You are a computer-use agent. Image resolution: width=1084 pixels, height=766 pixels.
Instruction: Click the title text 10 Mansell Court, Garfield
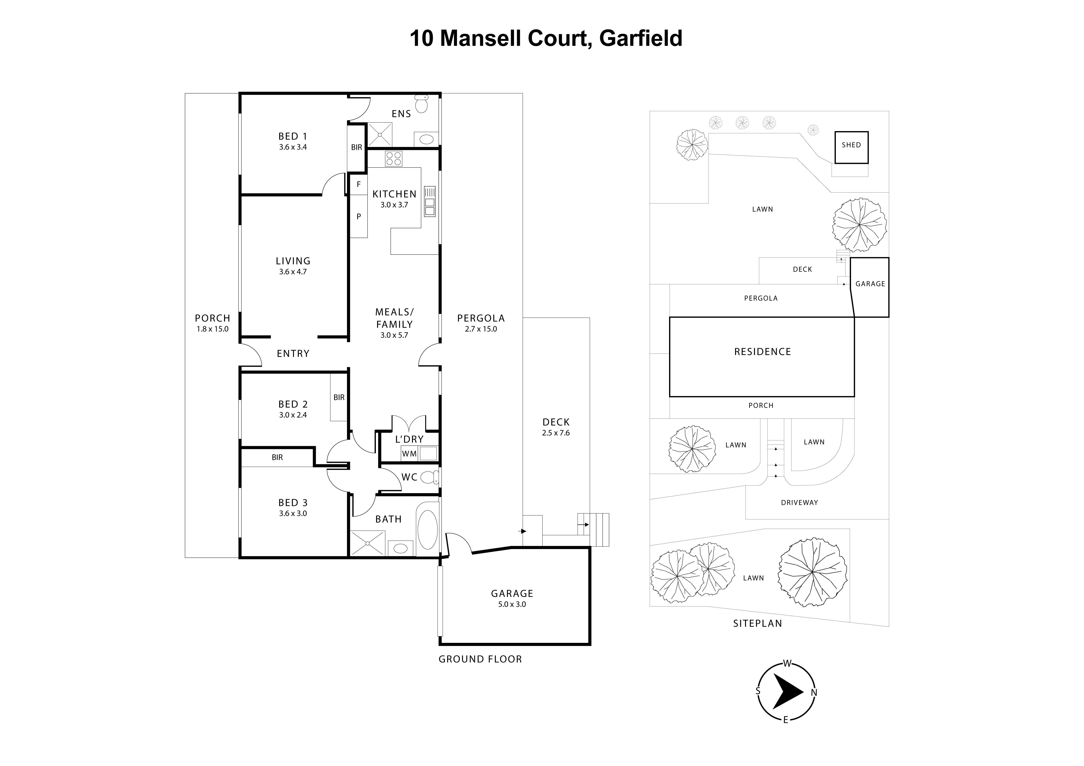point(546,38)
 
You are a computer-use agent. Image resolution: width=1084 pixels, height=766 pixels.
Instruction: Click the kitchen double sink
point(430,202)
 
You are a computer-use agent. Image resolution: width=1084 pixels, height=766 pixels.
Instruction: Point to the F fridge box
point(358,185)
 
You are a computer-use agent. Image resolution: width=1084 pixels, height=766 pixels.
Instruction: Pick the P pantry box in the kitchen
point(358,217)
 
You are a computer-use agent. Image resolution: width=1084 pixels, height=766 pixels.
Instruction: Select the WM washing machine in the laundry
point(409,454)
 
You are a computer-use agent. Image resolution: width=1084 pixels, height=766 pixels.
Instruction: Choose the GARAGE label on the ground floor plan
point(512,593)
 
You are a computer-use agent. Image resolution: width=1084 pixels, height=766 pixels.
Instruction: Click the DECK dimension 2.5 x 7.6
point(556,433)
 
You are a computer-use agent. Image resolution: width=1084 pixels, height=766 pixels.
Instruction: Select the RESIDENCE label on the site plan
point(762,352)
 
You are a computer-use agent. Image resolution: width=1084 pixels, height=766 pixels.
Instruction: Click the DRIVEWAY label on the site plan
point(799,503)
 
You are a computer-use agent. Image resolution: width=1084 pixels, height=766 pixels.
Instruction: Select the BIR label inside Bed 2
point(339,397)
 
